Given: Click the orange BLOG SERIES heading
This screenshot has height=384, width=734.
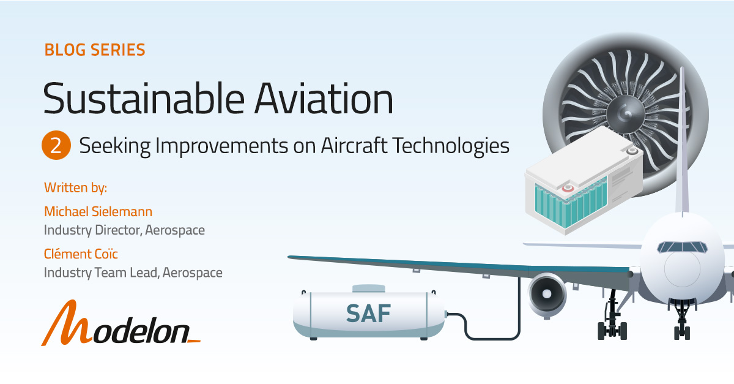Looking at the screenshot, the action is click(x=95, y=50).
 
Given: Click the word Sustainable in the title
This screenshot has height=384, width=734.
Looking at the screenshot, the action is click(x=144, y=99).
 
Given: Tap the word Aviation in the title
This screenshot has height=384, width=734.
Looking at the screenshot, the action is click(x=324, y=99).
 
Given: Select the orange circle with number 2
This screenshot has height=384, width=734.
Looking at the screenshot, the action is click(x=56, y=145).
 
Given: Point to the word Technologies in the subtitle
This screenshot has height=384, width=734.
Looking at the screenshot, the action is click(x=451, y=146).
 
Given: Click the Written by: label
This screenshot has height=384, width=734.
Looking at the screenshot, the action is click(x=75, y=188).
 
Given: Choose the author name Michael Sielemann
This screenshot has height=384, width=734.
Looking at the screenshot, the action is click(x=98, y=212).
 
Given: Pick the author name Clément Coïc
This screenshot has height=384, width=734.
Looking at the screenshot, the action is click(x=81, y=254).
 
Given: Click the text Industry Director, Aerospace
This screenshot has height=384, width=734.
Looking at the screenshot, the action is click(x=124, y=230).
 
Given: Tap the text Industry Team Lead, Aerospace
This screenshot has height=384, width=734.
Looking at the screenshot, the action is click(x=133, y=273).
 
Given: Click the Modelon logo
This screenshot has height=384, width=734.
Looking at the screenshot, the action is click(x=120, y=323).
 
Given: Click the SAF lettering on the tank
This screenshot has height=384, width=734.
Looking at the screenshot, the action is click(x=368, y=314).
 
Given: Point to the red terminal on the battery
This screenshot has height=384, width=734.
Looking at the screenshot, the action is click(x=568, y=189).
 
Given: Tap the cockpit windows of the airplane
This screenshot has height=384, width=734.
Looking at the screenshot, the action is click(x=682, y=247).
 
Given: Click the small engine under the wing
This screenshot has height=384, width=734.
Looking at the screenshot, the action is click(x=546, y=295).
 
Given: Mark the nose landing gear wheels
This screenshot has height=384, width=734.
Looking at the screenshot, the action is click(x=682, y=333).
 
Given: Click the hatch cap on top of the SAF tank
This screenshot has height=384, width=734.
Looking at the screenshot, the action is click(x=369, y=288).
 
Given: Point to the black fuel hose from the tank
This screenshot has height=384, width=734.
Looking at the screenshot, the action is click(x=492, y=339).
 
